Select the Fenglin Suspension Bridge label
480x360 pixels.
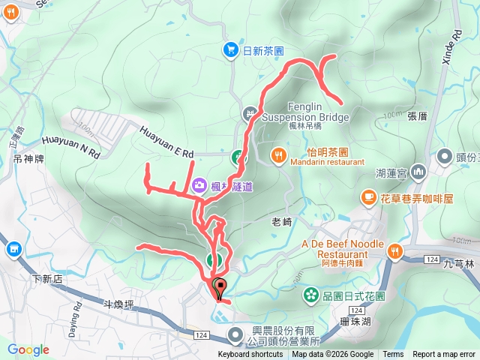click(x=305, y=112)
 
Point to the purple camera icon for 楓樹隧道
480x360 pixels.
click(x=199, y=184)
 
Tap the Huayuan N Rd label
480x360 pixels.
click(x=71, y=146)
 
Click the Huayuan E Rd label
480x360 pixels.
click(x=166, y=142)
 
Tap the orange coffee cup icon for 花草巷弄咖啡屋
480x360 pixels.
click(x=367, y=196)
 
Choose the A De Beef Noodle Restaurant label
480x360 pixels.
click(x=342, y=249)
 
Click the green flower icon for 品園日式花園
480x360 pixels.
click(x=310, y=296)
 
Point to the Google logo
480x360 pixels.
click(x=28, y=349)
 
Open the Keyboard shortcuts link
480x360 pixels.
click(x=250, y=355)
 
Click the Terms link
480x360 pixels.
click(x=392, y=355)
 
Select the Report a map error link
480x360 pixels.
click(x=444, y=355)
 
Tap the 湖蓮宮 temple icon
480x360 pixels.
click(x=418, y=172)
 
